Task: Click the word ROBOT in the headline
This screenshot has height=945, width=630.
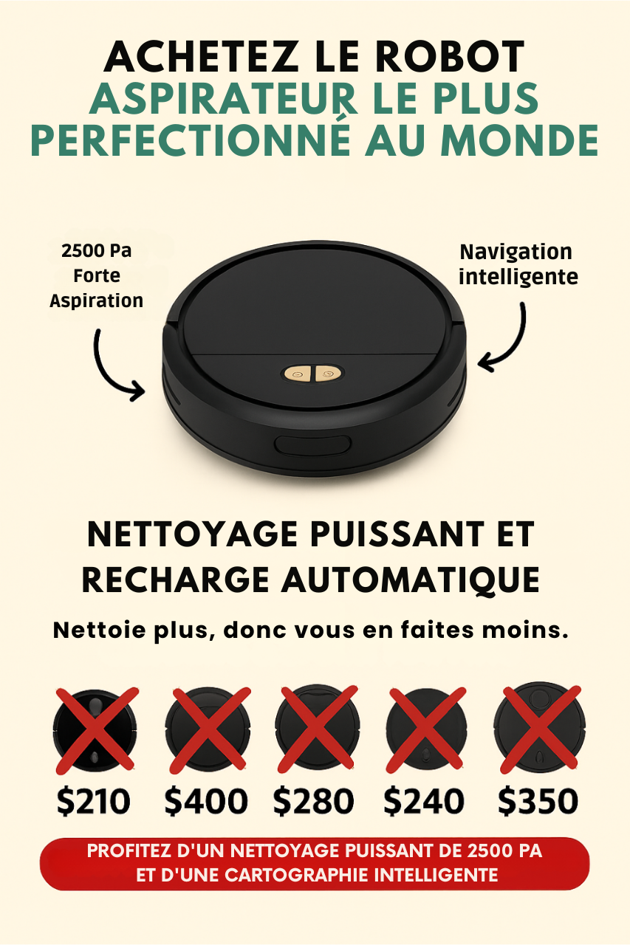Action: tap(450, 57)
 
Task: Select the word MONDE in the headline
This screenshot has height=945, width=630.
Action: tap(519, 140)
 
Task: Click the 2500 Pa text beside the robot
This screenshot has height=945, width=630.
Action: tap(96, 250)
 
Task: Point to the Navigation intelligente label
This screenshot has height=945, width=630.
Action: tap(518, 264)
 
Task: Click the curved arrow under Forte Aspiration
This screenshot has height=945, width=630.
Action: tap(105, 371)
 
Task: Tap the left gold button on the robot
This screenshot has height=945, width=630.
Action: tap(298, 374)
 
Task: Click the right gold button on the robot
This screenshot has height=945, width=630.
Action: tap(327, 374)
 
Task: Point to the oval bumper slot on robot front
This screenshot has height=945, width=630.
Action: tap(312, 445)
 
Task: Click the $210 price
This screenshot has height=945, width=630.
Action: tap(93, 801)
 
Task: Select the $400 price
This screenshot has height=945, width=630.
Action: tap(205, 801)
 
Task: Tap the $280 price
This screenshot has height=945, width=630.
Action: tap(313, 801)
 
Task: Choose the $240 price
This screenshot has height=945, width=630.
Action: tap(424, 801)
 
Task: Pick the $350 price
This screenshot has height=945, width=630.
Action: tap(538, 801)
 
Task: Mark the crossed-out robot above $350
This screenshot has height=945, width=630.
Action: tap(540, 728)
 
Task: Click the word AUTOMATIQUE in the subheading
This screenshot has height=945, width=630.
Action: tap(411, 580)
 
